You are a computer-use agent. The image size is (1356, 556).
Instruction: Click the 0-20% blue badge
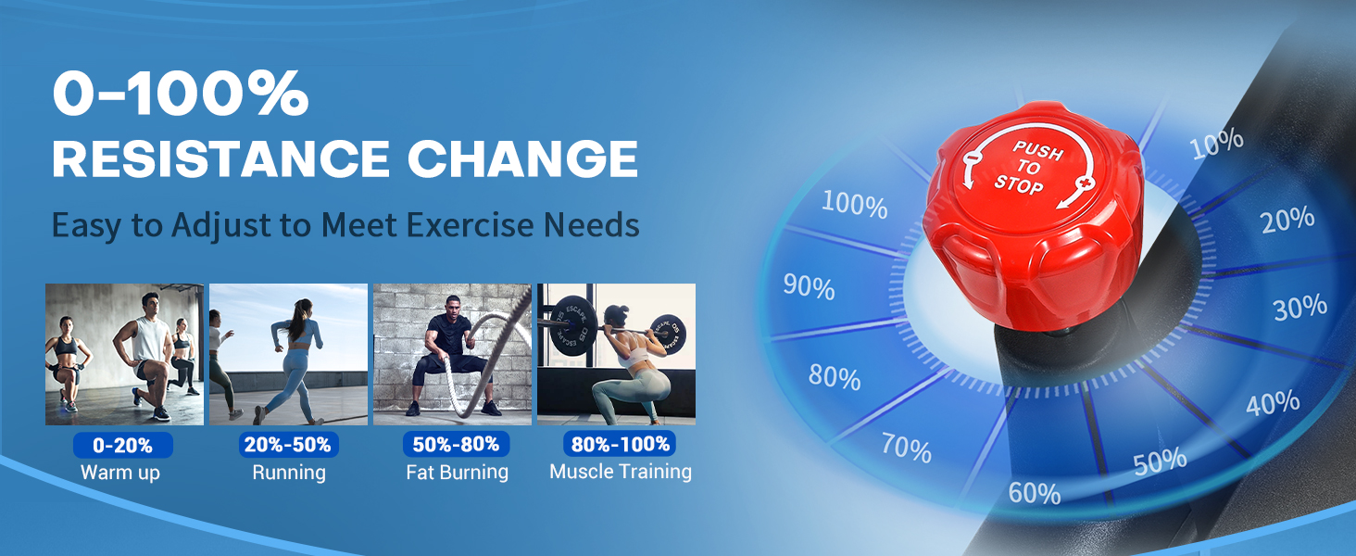[123, 445]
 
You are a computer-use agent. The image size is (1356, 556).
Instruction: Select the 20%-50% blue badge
[288, 445]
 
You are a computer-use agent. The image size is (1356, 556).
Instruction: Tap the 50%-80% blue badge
[456, 444]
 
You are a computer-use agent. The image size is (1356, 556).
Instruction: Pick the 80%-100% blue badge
[620, 444]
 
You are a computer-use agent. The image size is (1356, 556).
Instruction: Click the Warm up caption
[120, 473]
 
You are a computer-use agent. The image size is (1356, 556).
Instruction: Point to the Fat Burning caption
[457, 472]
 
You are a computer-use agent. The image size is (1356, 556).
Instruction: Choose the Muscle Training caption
[621, 471]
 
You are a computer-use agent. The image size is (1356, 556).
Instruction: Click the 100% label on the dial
[854, 204]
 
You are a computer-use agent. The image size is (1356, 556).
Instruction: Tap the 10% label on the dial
[1217, 145]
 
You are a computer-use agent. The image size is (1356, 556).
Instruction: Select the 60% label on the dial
[1034, 493]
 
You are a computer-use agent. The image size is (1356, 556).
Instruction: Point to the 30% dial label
[1300, 307]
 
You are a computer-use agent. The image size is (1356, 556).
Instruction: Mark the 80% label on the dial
[835, 377]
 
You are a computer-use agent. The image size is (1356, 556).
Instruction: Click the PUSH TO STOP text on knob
[1028, 169]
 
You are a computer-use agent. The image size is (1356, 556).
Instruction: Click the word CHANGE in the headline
[523, 158]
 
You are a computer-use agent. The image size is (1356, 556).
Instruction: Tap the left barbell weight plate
[571, 326]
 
